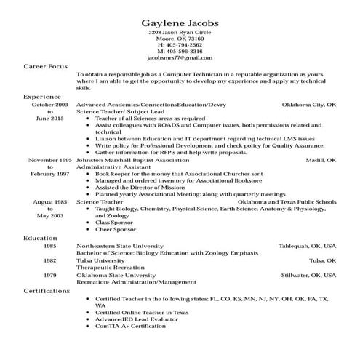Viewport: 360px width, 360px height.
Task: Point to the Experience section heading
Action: tap(41, 96)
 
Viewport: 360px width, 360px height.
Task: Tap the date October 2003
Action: tap(49, 105)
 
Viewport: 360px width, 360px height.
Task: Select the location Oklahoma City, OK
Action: tap(309, 105)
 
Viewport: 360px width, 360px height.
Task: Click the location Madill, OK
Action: tap(321, 159)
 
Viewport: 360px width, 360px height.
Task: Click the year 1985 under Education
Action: tap(49, 246)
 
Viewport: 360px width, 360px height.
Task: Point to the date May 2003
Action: tap(49, 215)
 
